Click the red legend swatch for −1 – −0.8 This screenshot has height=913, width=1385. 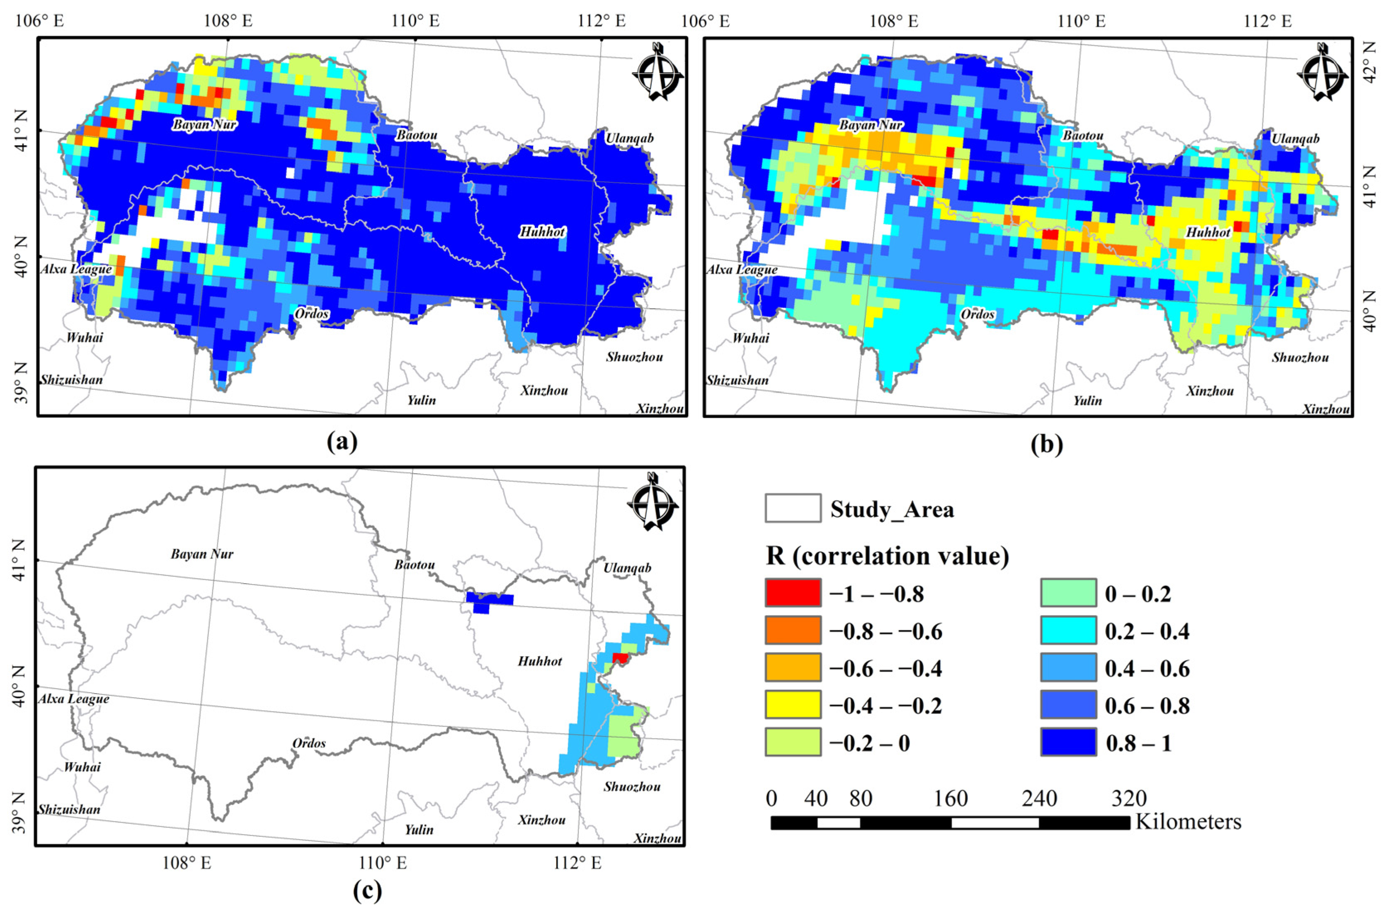[793, 593]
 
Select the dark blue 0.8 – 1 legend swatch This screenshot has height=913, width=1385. [1068, 743]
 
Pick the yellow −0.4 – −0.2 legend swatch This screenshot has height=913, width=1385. [793, 705]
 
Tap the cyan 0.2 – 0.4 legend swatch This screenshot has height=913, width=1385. [1068, 631]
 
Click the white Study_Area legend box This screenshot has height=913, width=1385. [793, 508]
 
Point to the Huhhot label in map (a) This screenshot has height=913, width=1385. [542, 232]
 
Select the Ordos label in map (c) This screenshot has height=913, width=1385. [309, 743]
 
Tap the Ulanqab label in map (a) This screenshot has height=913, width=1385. [629, 138]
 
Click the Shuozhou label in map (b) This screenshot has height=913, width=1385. [1300, 357]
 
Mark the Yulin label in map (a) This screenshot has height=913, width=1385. [421, 399]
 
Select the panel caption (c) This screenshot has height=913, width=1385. [368, 891]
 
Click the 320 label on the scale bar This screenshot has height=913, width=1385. [1129, 798]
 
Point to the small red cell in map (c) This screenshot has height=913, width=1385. [620, 657]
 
